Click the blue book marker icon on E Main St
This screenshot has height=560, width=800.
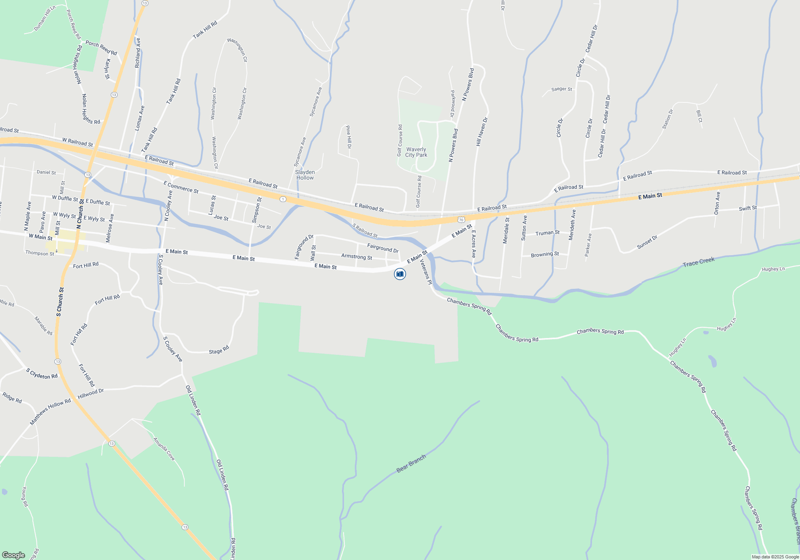(400, 274)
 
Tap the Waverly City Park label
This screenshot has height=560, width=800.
(416, 152)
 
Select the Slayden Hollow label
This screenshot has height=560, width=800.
(305, 175)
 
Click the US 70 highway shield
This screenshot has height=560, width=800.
(461, 220)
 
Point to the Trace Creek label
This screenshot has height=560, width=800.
(698, 262)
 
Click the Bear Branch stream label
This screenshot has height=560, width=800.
(411, 464)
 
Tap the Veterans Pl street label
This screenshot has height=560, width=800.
(426, 272)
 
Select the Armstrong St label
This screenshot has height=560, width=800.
(356, 256)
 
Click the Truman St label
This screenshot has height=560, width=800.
(547, 233)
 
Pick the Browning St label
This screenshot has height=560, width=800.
(544, 254)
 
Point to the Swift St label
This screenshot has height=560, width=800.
(748, 208)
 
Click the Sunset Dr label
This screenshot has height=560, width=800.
(647, 242)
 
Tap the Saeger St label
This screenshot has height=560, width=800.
(561, 89)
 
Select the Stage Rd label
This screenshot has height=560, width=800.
(219, 350)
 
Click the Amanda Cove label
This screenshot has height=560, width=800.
(164, 449)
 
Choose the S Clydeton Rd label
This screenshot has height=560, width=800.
(42, 374)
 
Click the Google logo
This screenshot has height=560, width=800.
(13, 555)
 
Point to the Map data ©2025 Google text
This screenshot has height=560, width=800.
(775, 557)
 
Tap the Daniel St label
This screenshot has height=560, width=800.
(46, 172)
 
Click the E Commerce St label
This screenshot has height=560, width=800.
(181, 187)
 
